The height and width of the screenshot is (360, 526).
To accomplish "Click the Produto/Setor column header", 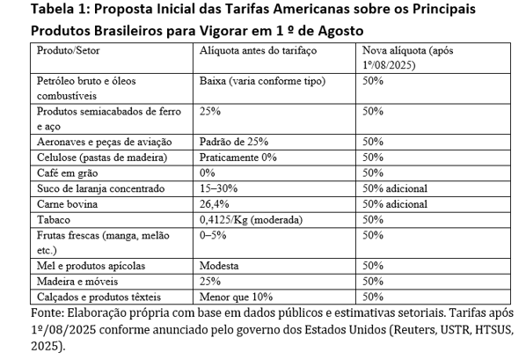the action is point(68,51).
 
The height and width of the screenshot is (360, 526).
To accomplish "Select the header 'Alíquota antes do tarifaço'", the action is point(258,51).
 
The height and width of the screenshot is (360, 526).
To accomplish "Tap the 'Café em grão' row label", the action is point(67,173).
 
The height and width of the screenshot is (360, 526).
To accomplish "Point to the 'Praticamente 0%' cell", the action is point(237,158).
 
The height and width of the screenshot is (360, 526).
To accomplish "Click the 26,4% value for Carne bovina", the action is point(215,204).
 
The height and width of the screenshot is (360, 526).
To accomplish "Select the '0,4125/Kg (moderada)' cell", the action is point(251,220).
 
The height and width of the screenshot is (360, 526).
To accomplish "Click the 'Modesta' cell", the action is point(219,266).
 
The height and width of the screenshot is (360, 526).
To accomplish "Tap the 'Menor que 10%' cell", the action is point(236,297).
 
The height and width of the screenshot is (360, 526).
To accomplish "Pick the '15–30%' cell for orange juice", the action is point(218,188).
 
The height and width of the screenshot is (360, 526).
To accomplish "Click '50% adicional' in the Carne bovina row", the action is point(395,204).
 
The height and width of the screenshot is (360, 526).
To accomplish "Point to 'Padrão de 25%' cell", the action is point(234,142).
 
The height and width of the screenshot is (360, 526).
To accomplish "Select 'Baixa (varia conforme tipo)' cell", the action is point(262,81).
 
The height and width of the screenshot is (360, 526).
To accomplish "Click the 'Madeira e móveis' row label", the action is point(77,282).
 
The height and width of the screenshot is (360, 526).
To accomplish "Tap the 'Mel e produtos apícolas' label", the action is point(91,266).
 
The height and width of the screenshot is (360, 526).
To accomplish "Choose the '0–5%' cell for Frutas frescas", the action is point(213,235).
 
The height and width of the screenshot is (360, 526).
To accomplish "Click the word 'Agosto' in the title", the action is point(340,31).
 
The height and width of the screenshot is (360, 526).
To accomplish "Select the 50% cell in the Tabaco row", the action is point(373,220).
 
